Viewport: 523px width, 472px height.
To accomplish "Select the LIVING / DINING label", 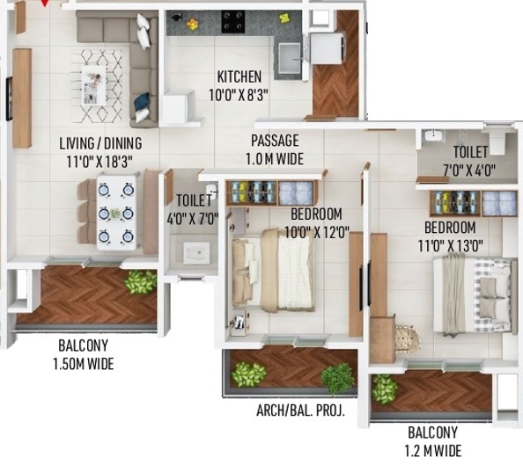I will point(100,143).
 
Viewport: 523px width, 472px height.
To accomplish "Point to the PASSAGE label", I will point(275,141).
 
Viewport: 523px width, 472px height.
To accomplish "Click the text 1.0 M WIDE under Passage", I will point(275,158).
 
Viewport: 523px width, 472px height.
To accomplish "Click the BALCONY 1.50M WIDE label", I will point(85,354).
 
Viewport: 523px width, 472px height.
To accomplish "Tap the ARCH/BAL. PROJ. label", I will point(300,410).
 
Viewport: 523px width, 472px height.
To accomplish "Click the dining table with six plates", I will point(116,213).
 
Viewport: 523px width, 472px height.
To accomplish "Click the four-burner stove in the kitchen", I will point(233,19).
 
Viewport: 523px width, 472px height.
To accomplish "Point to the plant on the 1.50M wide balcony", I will point(141,282).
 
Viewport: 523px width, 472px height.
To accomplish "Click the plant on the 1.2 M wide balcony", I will point(385,388).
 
